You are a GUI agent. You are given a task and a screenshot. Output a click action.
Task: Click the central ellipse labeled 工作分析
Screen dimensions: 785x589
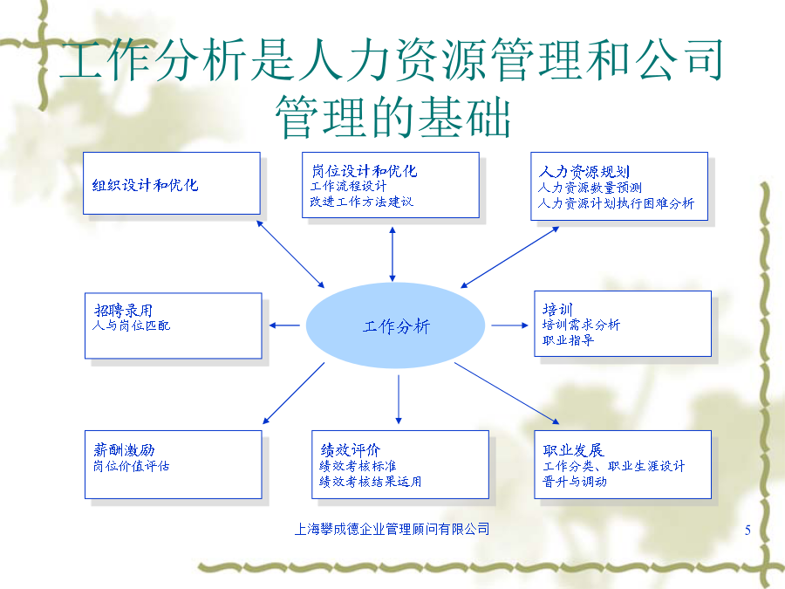pos(395,325)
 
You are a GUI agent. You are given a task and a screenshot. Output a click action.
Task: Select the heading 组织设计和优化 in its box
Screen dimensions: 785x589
pos(145,185)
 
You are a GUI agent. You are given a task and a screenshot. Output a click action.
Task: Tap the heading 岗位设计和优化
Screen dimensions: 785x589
pos(365,171)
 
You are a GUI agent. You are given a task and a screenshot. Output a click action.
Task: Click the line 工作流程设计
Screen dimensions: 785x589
pos(348,187)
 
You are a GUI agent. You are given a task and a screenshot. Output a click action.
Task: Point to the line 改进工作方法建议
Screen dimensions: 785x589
pos(361,202)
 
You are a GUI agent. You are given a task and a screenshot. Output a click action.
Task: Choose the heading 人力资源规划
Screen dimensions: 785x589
pos(584,172)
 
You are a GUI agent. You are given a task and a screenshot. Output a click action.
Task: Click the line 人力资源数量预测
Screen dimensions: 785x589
pos(590,188)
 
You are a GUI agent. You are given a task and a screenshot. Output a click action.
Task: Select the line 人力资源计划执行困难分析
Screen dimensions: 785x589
pos(617,203)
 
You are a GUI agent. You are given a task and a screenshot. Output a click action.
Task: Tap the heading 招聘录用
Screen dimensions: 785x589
pos(123,310)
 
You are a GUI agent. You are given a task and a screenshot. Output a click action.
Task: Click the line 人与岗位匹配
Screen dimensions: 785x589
pos(132,325)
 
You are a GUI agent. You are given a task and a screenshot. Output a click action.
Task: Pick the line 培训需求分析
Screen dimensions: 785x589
pos(581,325)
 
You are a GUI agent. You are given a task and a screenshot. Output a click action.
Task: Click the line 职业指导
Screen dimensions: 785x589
pos(568,340)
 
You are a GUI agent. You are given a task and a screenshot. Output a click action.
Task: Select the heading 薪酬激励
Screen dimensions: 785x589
pos(124,449)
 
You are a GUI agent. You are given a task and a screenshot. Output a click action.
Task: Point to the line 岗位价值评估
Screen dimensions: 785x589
pos(132,466)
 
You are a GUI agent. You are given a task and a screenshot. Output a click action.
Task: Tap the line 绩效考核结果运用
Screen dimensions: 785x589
pos(371,482)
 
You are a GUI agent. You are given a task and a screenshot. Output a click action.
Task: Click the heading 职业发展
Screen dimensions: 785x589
pos(574,450)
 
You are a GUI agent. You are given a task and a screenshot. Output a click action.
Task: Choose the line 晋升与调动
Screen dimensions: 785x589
pos(575,482)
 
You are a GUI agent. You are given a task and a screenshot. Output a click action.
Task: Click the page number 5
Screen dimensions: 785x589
pos(747,530)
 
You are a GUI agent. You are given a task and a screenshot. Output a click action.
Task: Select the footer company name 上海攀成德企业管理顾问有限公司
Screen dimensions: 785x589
pos(392,529)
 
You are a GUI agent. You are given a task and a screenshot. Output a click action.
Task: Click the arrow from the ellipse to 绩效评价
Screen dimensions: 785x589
pos(399,400)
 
